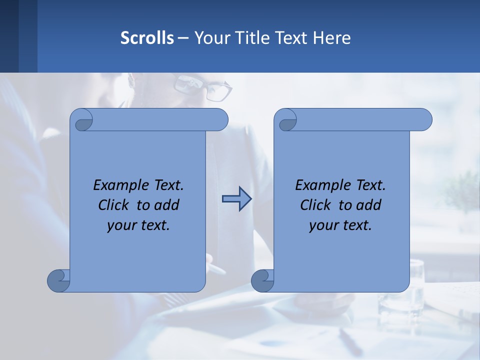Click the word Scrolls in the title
pyautogui.click(x=147, y=38)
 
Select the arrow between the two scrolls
pyautogui.click(x=236, y=199)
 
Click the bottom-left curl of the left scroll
pyautogui.click(x=58, y=280)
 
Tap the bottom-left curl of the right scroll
pyautogui.click(x=262, y=280)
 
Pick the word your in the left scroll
pyautogui.click(x=120, y=225)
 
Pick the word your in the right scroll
pyautogui.click(x=322, y=225)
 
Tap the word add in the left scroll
pyautogui.click(x=167, y=205)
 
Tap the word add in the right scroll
pyautogui.click(x=369, y=205)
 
